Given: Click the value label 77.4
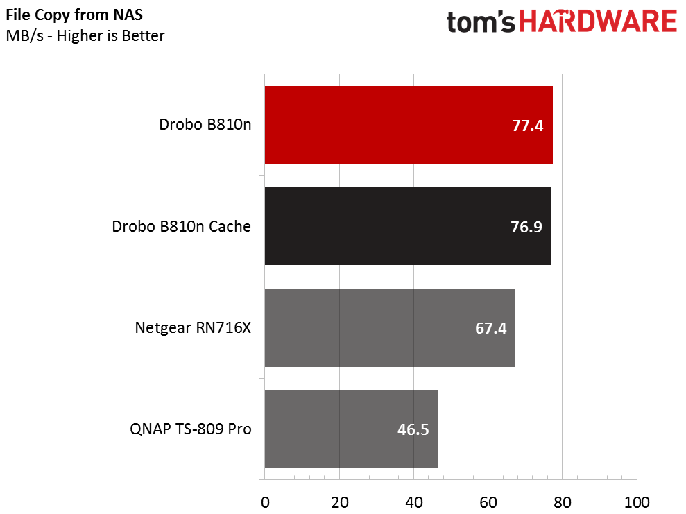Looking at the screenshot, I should pyautogui.click(x=528, y=126).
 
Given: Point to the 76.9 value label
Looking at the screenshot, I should pyautogui.click(x=526, y=227).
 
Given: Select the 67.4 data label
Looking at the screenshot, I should pyautogui.click(x=490, y=328).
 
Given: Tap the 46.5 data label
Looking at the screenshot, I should pyautogui.click(x=413, y=429).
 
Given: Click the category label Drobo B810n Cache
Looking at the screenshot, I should pyautogui.click(x=181, y=227).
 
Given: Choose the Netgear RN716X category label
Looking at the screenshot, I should pyautogui.click(x=193, y=328).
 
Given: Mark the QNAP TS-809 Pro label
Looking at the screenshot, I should pyautogui.click(x=190, y=429).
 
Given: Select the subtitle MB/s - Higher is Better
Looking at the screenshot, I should pyautogui.click(x=85, y=35).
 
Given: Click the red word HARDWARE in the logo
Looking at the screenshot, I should pyautogui.click(x=598, y=22).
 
